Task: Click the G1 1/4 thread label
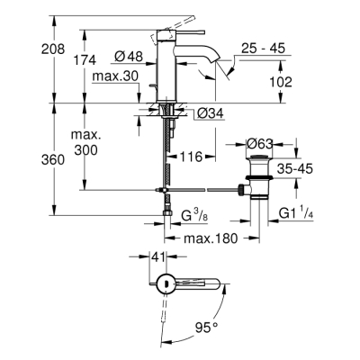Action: [296, 213]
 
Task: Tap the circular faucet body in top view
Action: [163, 284]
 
